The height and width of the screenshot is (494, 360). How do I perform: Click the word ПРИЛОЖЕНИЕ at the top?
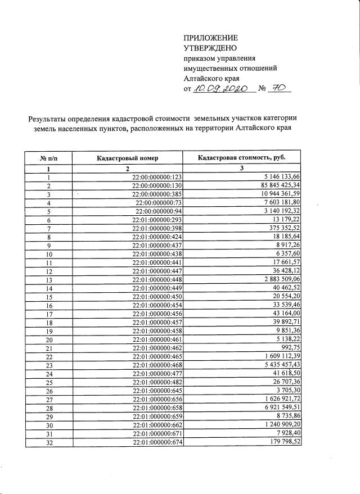click(211, 38)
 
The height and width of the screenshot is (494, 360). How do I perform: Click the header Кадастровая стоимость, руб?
click(242, 158)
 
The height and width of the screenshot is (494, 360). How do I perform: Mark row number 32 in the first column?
click(49, 442)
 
